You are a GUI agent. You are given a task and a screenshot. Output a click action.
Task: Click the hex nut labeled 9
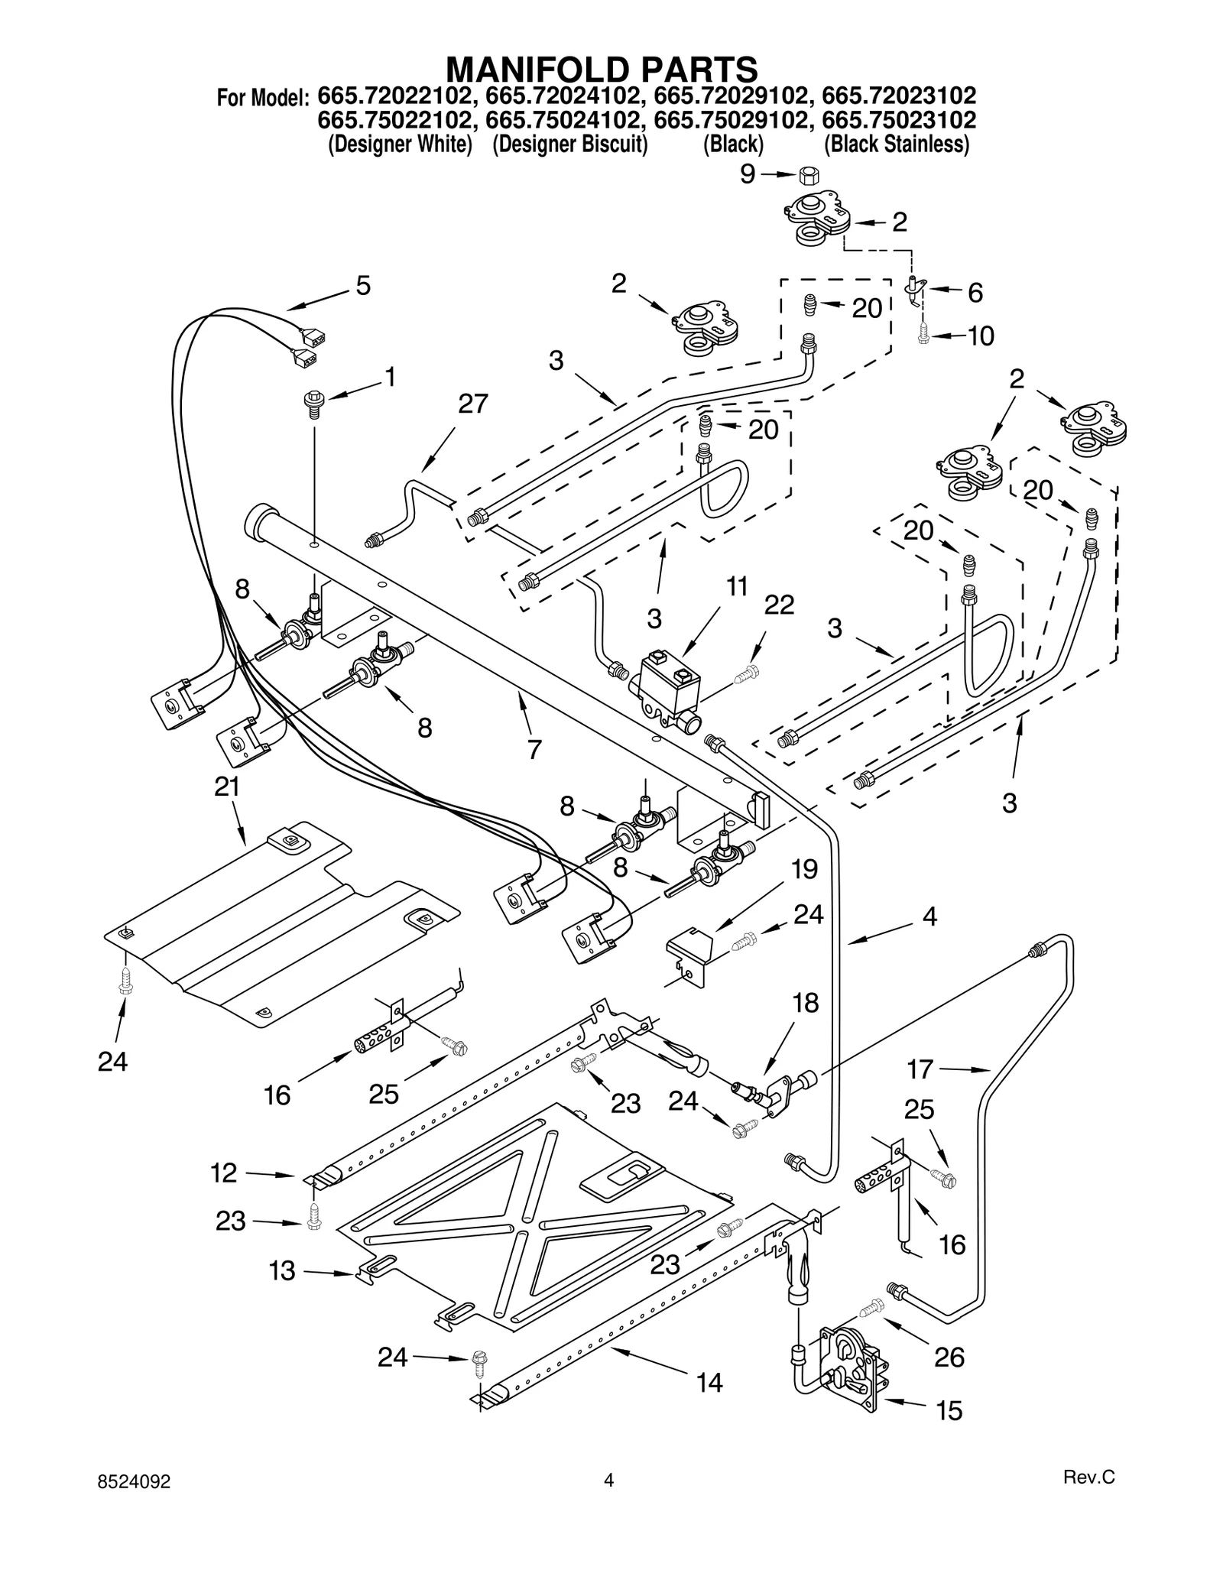tap(809, 175)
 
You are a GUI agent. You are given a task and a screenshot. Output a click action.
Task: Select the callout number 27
tap(473, 404)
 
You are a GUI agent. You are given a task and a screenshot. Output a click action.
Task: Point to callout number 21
tap(227, 787)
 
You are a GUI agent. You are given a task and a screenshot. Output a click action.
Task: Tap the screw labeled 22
tap(748, 674)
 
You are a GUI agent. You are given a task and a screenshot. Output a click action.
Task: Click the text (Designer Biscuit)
tap(569, 144)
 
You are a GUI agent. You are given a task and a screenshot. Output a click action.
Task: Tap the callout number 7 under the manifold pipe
tap(534, 749)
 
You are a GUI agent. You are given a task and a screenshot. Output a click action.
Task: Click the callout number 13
tap(282, 1271)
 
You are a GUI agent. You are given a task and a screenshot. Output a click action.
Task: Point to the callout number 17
tap(920, 1069)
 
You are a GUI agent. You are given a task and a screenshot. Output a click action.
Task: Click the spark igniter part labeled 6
tap(913, 290)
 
